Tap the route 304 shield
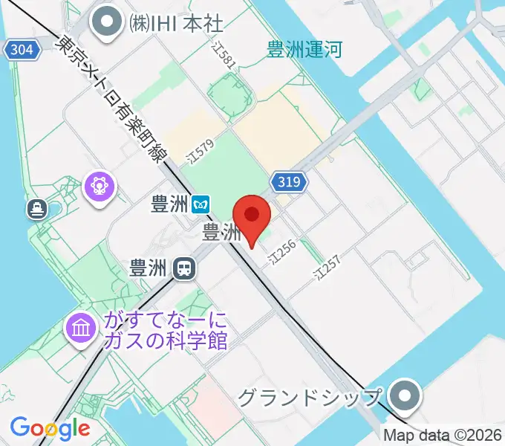(x=22, y=51)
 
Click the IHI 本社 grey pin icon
(x=108, y=22)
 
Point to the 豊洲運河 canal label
(x=304, y=51)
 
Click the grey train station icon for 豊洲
(x=183, y=268)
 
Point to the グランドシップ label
(x=310, y=397)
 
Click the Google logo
(x=50, y=428)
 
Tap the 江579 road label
(x=201, y=152)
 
